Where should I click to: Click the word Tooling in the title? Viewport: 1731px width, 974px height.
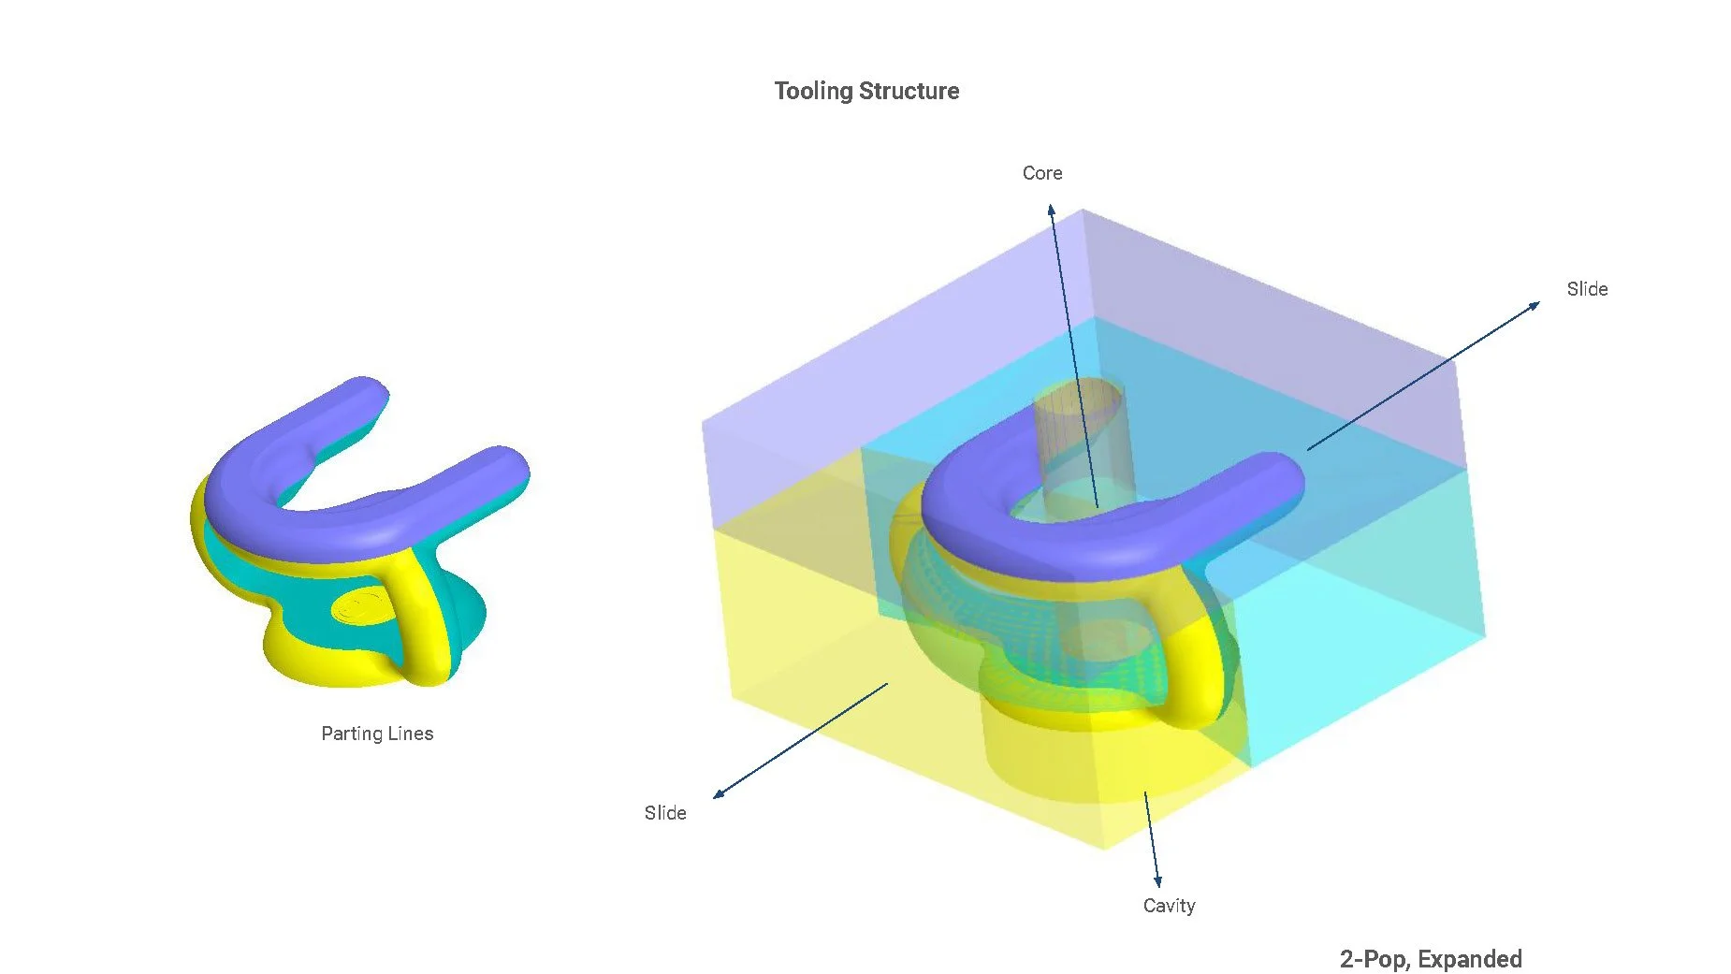coord(813,92)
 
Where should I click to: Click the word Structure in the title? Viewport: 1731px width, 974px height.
coord(909,91)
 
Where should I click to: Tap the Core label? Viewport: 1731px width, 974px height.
coord(1042,173)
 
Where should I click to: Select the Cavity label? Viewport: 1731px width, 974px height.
coord(1169,906)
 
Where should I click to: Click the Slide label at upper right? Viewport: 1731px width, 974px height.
coord(1587,289)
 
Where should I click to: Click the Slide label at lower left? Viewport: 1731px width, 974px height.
coord(665,813)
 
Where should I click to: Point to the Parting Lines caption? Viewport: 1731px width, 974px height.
coord(377,734)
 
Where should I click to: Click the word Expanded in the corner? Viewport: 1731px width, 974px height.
coord(1470,959)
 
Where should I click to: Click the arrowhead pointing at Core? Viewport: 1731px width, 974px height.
coord(1052,210)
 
